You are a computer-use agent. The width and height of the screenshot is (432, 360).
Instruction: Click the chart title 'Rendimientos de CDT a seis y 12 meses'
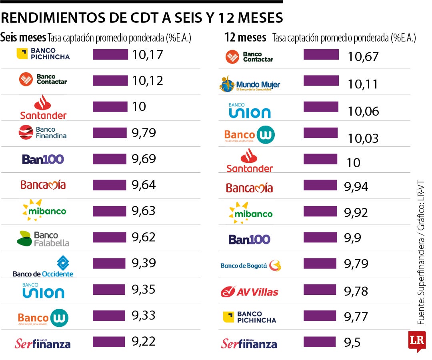coord(142,18)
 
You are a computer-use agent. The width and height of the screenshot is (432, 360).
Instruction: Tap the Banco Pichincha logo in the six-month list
coord(43,54)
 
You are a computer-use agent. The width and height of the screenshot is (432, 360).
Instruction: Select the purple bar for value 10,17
coord(110,54)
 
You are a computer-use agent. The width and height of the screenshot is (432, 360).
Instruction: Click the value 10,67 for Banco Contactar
coord(363,57)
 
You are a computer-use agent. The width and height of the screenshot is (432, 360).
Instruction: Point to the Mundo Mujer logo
coord(250,84)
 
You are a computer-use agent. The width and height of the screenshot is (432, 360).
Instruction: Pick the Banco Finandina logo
coord(42,132)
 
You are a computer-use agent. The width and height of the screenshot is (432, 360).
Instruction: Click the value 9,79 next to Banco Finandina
coord(144,133)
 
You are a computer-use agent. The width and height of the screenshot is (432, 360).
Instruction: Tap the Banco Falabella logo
coord(43,239)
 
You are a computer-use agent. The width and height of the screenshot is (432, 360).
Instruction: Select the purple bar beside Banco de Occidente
coord(109,263)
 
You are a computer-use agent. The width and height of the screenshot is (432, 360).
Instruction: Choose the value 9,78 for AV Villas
coord(356,291)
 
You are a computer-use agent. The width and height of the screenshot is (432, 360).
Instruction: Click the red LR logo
coord(416,341)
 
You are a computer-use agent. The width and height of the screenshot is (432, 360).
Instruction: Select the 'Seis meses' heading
coord(23,38)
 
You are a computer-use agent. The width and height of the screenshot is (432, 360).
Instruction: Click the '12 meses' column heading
coord(245,38)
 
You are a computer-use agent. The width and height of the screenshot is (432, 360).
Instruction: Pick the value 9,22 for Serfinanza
coord(144,341)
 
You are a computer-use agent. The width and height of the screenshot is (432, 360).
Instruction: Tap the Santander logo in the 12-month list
coord(250,161)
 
